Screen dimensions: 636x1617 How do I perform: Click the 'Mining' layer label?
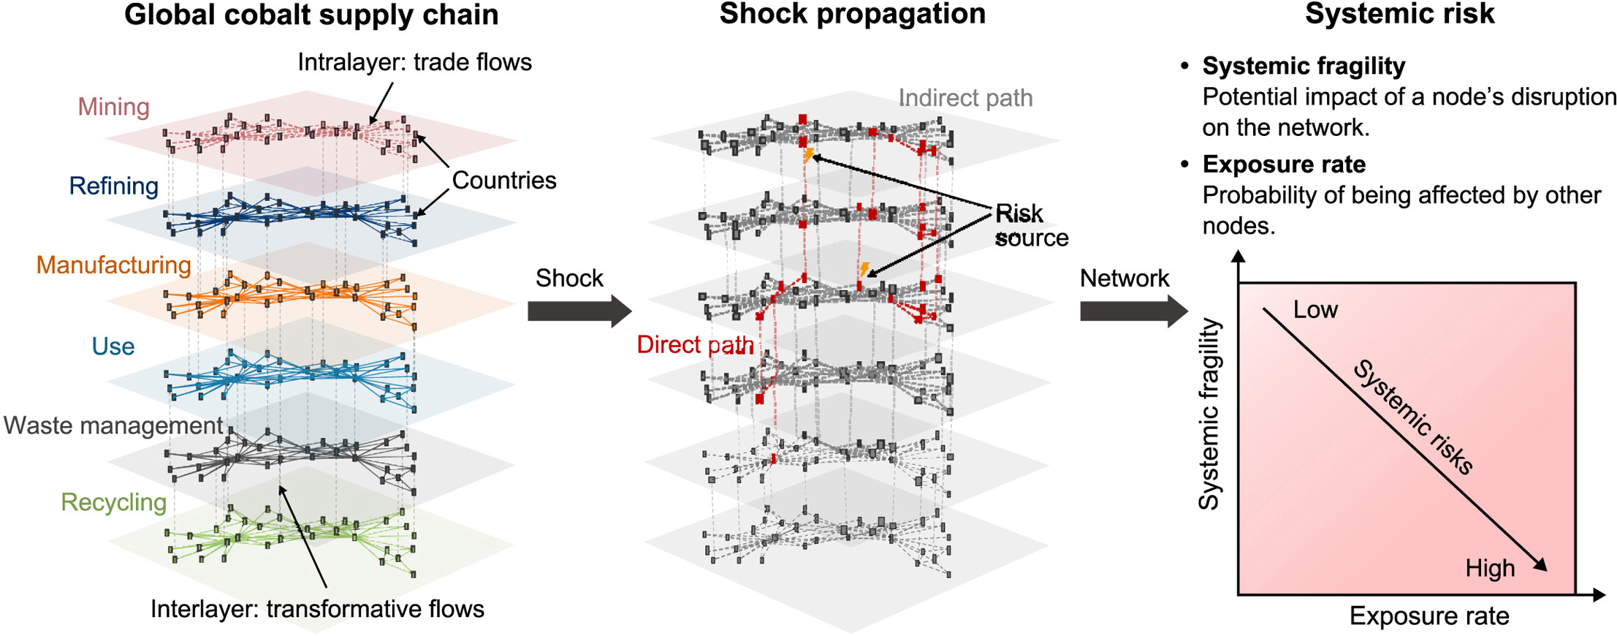pos(114,107)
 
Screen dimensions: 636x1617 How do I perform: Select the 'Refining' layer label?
pos(113,186)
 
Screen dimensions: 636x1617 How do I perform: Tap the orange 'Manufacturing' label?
pos(113,265)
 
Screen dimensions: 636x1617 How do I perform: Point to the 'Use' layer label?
pos(113,346)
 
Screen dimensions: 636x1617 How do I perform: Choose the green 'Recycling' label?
pos(113,502)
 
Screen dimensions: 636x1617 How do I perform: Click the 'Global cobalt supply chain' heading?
pos(311,15)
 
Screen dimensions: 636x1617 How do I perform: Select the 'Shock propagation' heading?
pos(852,14)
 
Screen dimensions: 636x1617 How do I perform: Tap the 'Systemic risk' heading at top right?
pos(1399,14)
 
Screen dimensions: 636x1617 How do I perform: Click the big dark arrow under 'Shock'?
pos(579,311)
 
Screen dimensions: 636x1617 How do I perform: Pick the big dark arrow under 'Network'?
pos(1133,311)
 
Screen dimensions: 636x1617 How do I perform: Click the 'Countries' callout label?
pos(504,180)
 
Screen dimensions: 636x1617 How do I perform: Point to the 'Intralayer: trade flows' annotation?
pos(414,62)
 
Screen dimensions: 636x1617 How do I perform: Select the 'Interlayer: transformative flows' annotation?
pos(317,609)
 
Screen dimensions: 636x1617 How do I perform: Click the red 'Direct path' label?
pos(695,344)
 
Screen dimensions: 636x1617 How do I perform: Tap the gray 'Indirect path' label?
pos(965,98)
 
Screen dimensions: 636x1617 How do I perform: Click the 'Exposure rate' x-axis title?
pos(1428,616)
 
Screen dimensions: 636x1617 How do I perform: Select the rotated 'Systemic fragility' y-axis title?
pos(1209,414)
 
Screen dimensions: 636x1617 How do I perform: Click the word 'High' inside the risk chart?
pos(1490,568)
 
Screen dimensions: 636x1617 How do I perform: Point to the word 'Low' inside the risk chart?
pos(1315,309)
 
